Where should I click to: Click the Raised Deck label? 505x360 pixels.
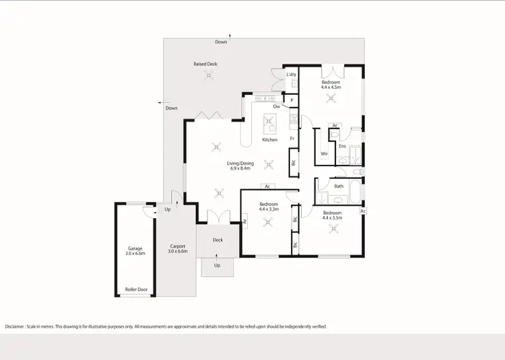click(x=205, y=64)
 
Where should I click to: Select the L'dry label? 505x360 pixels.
click(x=292, y=74)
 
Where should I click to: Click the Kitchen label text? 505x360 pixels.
click(x=269, y=140)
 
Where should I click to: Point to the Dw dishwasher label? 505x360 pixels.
click(x=277, y=106)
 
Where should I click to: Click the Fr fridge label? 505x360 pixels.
click(x=292, y=139)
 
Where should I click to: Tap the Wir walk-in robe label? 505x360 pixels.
click(x=324, y=153)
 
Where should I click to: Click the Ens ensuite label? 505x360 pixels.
click(x=342, y=146)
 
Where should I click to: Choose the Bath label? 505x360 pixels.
click(x=339, y=186)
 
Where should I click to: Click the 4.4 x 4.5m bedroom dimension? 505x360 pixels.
click(x=331, y=87)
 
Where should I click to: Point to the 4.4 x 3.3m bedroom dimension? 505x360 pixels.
click(x=268, y=209)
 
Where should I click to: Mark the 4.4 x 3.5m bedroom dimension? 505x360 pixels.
click(x=332, y=217)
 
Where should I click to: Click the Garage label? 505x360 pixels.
click(x=135, y=248)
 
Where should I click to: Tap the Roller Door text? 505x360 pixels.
click(x=135, y=291)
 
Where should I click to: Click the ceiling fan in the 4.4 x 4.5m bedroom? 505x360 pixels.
click(x=330, y=98)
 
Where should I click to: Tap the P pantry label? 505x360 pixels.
click(x=292, y=100)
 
